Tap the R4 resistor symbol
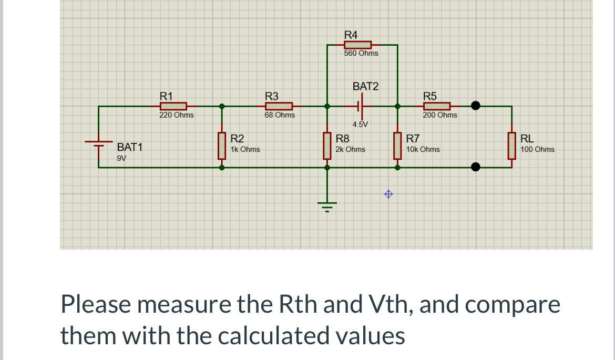click(357, 45)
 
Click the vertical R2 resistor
click(222, 146)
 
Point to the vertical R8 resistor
click(327, 146)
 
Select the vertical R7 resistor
click(397, 146)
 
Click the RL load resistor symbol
click(511, 146)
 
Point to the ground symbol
click(327, 205)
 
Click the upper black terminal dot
click(476, 106)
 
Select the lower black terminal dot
click(476, 167)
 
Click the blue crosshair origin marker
click(388, 194)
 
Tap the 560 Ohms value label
click(361, 54)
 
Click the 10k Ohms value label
click(423, 149)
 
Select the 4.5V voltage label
click(361, 125)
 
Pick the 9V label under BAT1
click(121, 158)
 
